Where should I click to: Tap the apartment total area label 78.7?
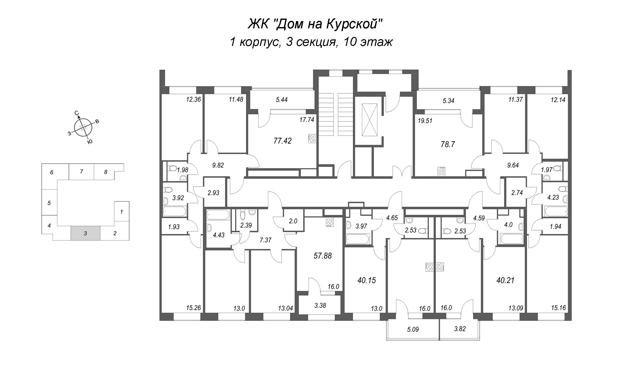tap(448, 145)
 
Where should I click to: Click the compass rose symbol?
tap(83, 127)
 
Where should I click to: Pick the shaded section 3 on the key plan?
tap(85, 233)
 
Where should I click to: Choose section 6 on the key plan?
tap(52, 172)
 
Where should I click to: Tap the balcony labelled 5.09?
tap(413, 329)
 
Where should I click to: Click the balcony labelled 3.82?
tap(460, 329)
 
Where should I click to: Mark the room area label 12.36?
tap(193, 99)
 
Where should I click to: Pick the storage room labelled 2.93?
tap(213, 193)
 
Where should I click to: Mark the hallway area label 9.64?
tap(513, 165)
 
